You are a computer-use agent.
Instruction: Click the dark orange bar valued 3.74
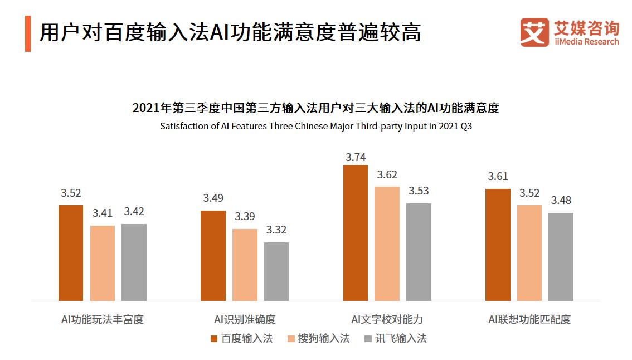355,233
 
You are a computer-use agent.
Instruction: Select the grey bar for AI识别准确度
276,271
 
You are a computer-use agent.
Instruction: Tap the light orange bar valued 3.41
103,263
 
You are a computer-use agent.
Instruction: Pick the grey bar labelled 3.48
561,257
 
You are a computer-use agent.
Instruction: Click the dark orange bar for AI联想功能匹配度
498,245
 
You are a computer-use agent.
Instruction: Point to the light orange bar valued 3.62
387,244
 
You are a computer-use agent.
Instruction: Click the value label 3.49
213,198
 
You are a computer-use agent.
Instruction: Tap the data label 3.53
419,191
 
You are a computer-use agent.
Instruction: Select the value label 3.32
276,230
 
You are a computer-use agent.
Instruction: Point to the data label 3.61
498,176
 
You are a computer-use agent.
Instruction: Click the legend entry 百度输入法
241,338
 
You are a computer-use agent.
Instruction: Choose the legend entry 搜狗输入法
318,338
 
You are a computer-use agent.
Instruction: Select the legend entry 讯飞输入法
395,338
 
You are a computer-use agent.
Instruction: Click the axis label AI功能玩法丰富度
103,319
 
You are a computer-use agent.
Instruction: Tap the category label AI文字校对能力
387,319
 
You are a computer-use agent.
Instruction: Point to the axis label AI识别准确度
245,319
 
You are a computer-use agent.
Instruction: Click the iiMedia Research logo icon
534,32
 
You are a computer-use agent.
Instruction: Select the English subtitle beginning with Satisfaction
316,126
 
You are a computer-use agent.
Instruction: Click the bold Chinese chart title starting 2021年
316,108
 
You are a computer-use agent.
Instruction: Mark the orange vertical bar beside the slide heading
28,33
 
